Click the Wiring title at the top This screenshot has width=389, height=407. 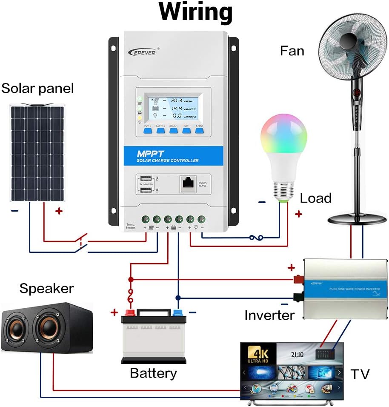pyautogui.click(x=196, y=13)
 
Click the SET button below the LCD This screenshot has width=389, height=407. pyautogui.click(x=186, y=131)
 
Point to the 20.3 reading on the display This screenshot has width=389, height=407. pyautogui.click(x=177, y=100)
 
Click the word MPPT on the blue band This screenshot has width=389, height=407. pyautogui.click(x=150, y=153)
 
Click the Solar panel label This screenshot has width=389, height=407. pyautogui.click(x=37, y=89)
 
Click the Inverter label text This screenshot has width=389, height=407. pyautogui.click(x=269, y=315)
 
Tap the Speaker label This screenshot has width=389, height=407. pyautogui.click(x=46, y=288)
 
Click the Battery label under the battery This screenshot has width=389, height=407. pyautogui.click(x=153, y=373)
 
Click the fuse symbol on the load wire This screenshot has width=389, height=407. pyautogui.click(x=256, y=238)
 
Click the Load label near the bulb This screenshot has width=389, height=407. pyautogui.click(x=315, y=198)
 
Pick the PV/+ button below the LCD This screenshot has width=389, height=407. pyautogui.click(x=148, y=131)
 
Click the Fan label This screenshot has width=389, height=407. pyautogui.click(x=292, y=51)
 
